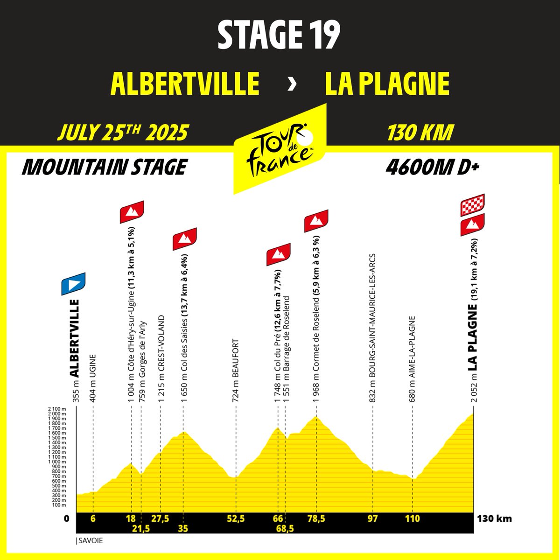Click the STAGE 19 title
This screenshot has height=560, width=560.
[x=279, y=36]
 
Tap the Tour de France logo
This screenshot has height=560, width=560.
[x=279, y=148]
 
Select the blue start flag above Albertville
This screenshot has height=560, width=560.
[x=73, y=284]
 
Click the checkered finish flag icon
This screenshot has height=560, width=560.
[x=472, y=205]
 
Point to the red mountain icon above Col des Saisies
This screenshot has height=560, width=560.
[x=185, y=239]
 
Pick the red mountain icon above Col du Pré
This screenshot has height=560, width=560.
[x=279, y=254]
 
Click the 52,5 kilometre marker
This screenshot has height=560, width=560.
[x=236, y=518]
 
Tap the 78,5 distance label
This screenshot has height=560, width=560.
[x=316, y=518]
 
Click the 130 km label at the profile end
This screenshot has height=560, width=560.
[x=494, y=518]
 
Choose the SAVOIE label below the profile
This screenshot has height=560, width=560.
[x=89, y=541]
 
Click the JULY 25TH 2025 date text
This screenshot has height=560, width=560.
[x=122, y=133]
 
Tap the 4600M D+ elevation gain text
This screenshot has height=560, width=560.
[x=433, y=167]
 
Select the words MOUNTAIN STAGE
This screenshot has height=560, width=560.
[x=104, y=167]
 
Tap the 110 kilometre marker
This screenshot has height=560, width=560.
[x=413, y=518]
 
